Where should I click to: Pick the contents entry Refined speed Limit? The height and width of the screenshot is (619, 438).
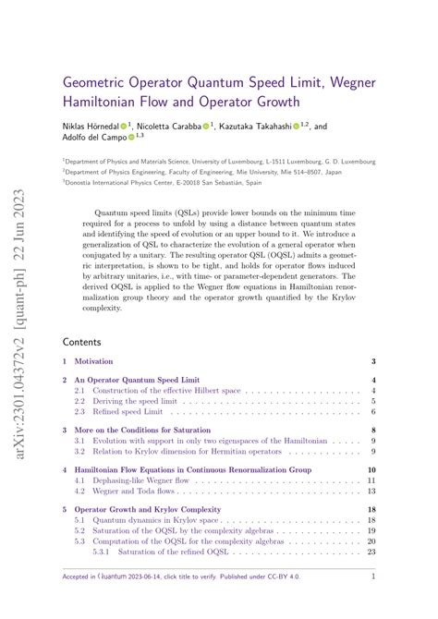tap(139, 413)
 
